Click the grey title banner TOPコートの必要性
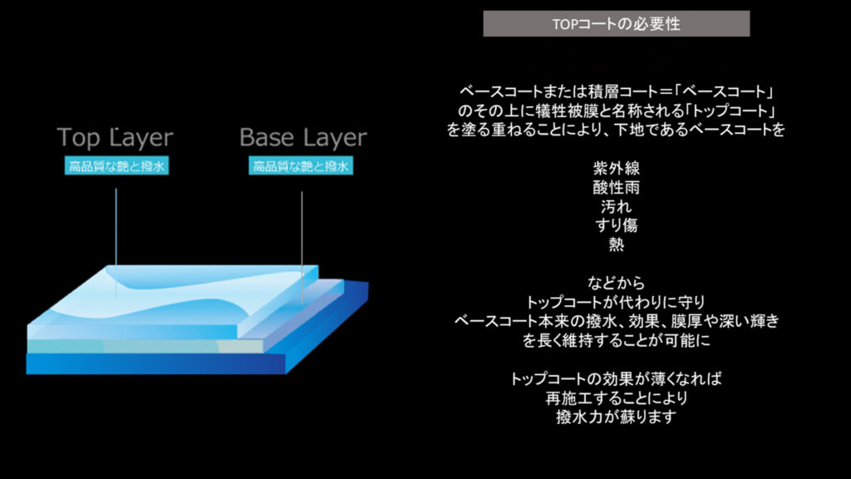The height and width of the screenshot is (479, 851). click(x=616, y=24)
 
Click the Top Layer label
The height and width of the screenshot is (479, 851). click(x=115, y=138)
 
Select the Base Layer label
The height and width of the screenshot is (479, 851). click(x=303, y=138)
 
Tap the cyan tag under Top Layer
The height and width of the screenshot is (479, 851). click(x=116, y=166)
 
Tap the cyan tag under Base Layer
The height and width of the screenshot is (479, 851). click(x=301, y=166)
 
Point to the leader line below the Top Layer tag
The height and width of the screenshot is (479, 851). click(x=116, y=242)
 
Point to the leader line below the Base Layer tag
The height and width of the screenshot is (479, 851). click(x=303, y=248)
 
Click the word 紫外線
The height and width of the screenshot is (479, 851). click(x=616, y=168)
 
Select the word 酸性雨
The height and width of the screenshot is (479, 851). click(x=616, y=187)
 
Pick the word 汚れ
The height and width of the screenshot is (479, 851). click(x=616, y=206)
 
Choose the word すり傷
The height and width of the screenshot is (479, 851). click(x=616, y=225)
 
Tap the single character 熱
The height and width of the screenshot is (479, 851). click(x=616, y=244)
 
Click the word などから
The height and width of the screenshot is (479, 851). click(x=616, y=283)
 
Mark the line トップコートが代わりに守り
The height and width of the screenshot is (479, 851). click(x=616, y=302)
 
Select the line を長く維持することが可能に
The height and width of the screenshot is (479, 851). click(x=616, y=340)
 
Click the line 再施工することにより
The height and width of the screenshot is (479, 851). click(x=616, y=398)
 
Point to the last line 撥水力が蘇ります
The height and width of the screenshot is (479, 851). click(x=616, y=417)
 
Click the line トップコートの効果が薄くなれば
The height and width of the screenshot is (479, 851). click(x=616, y=378)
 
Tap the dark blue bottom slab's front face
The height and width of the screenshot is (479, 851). click(x=156, y=363)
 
